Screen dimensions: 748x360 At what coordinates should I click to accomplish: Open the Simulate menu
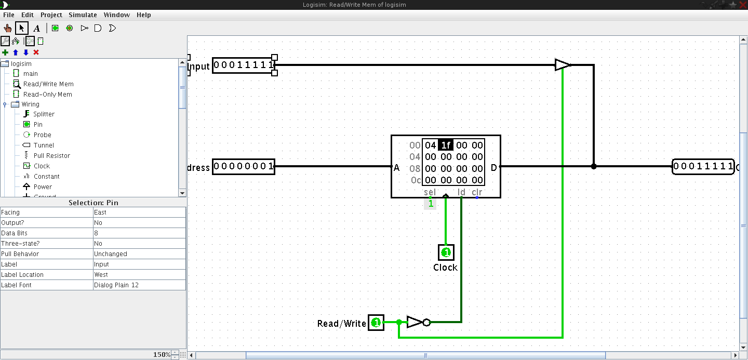click(x=83, y=15)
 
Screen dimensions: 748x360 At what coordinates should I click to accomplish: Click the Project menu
click(x=51, y=15)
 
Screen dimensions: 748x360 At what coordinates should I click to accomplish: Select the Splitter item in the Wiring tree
click(x=44, y=114)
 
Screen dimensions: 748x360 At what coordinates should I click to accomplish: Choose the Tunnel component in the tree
click(x=44, y=145)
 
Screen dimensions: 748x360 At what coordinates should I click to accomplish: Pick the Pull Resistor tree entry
click(x=52, y=156)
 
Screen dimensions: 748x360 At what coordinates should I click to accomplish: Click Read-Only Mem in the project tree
click(x=47, y=95)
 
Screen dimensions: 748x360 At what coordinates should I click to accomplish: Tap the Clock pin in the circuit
click(x=446, y=252)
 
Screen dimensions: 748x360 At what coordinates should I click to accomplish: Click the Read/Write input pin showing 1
click(x=376, y=323)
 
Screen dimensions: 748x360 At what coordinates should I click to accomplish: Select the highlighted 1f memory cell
click(x=446, y=145)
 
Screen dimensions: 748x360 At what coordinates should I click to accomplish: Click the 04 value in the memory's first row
click(x=431, y=145)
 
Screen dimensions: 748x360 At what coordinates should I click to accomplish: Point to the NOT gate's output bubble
click(x=426, y=323)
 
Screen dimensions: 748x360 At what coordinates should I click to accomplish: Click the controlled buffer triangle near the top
click(x=563, y=65)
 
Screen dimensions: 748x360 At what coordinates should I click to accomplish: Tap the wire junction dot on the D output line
click(x=593, y=166)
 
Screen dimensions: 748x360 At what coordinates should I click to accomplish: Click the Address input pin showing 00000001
click(x=244, y=166)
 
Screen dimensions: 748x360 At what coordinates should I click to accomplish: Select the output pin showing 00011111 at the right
click(x=703, y=167)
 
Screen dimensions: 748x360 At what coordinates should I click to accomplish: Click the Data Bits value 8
click(x=96, y=233)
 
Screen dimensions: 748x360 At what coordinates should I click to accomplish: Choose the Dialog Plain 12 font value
click(x=116, y=285)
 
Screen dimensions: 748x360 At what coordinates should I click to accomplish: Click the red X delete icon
click(x=36, y=52)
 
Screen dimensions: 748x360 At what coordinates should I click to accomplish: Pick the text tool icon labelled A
click(x=37, y=29)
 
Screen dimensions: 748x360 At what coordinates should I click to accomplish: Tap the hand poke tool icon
click(x=7, y=29)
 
